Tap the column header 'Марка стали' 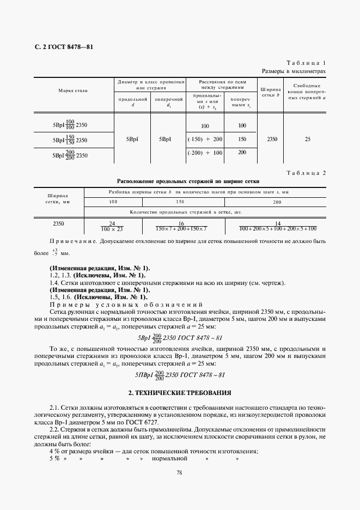point(73,90)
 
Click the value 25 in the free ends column point(308,139)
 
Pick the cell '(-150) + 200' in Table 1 point(205,139)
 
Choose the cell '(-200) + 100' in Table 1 point(205,153)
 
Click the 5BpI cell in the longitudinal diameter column point(132,139)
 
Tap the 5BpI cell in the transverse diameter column point(165,139)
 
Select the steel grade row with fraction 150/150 point(70,140)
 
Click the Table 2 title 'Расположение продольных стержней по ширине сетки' point(188,181)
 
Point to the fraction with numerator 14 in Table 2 point(277,226)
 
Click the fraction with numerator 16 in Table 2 point(181,226)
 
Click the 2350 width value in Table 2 point(59,224)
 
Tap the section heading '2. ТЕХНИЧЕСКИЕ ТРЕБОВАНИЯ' point(180,392)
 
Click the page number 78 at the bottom point(179,472)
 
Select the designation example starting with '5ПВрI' point(180,375)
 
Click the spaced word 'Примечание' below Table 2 point(72,240)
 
